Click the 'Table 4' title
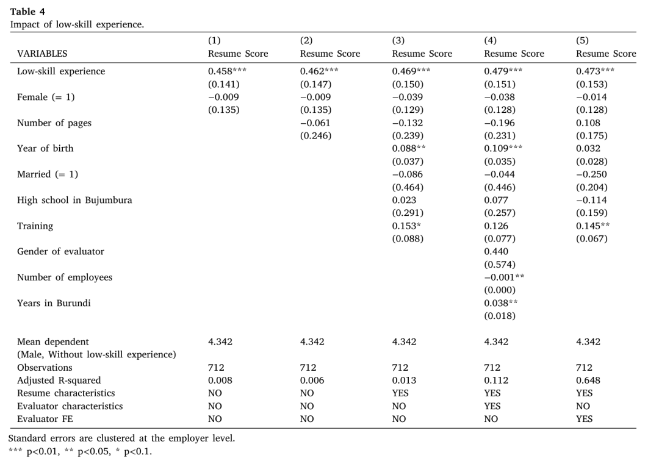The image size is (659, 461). click(27, 12)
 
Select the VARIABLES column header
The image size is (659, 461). click(42, 54)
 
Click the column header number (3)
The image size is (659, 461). click(398, 40)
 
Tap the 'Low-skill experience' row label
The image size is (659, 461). click(61, 71)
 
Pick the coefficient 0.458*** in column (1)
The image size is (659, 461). click(227, 71)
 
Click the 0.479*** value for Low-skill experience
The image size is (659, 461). click(503, 71)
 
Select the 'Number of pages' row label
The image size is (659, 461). click(54, 123)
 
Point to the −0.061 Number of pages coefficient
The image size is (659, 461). click(315, 123)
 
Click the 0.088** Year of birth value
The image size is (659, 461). click(408, 149)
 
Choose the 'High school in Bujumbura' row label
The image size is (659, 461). click(74, 200)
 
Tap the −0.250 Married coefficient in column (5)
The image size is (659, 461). click(591, 174)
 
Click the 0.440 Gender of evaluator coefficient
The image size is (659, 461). click(496, 251)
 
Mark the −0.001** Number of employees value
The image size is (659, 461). click(504, 277)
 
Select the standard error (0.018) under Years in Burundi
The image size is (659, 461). click(500, 316)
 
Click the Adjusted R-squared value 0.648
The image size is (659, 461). click(588, 381)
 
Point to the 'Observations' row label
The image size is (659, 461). click(45, 368)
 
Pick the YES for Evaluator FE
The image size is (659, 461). click(584, 419)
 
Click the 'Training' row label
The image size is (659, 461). click(35, 226)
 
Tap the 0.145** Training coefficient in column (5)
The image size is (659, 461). click(592, 226)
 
